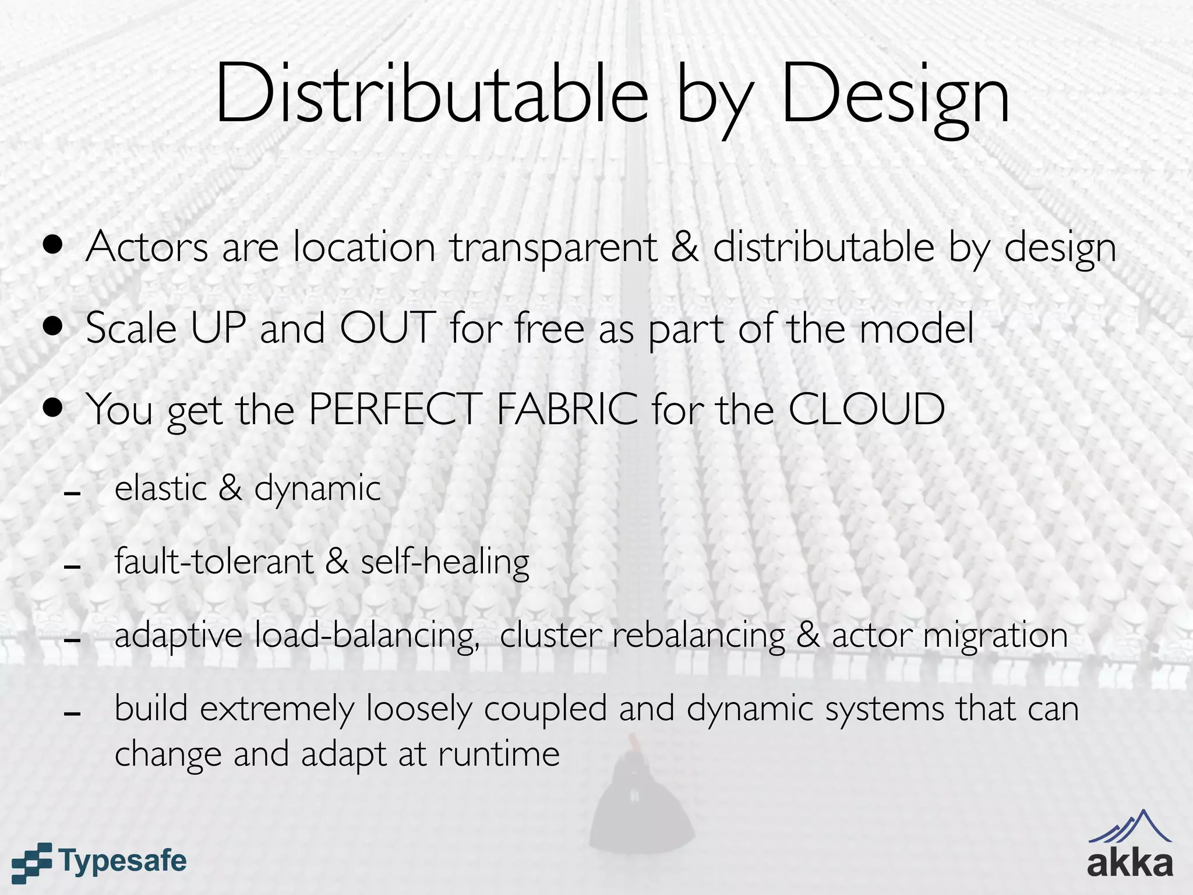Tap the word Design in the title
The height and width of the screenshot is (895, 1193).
(x=895, y=96)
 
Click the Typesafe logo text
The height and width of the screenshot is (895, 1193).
(x=122, y=861)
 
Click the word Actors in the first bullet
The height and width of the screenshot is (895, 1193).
(x=147, y=247)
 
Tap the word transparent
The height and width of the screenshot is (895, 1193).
(x=553, y=249)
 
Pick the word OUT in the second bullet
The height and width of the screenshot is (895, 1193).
(x=387, y=327)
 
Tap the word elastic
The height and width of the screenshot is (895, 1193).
(x=161, y=488)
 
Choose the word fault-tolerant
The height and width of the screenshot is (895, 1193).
(x=214, y=561)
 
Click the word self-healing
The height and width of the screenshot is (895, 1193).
(x=445, y=561)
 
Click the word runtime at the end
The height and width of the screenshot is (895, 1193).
(x=499, y=754)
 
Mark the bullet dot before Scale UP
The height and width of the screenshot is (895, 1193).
(x=53, y=326)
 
